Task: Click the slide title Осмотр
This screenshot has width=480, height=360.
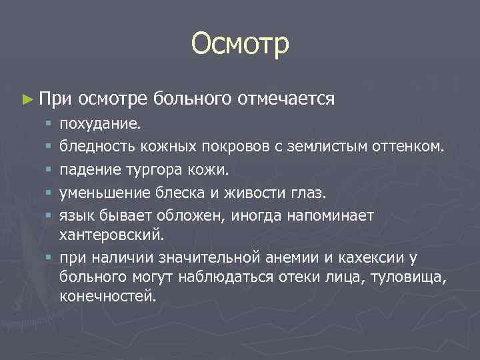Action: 240,44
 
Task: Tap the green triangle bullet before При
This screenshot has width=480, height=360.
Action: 27,99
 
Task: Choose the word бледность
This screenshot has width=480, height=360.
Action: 92,144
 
